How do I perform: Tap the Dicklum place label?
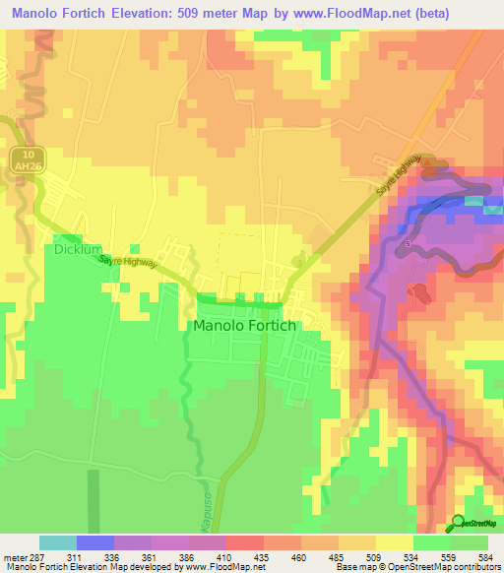pyautogui.click(x=78, y=250)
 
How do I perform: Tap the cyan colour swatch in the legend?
pyautogui.click(x=57, y=542)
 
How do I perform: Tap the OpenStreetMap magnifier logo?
pyautogui.click(x=460, y=522)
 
